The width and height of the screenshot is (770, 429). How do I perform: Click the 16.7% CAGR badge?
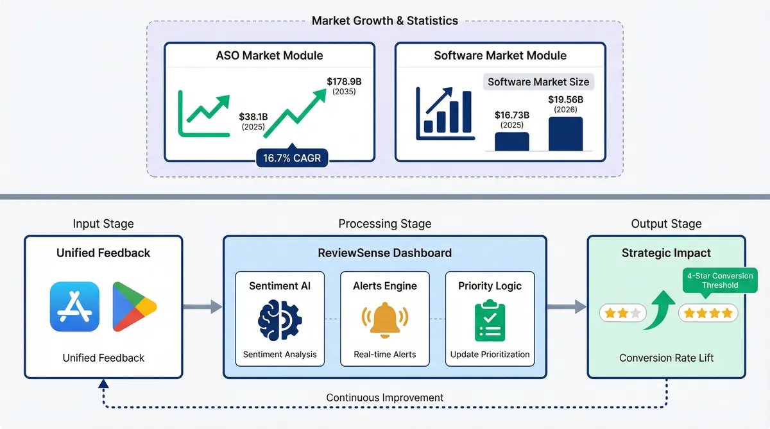click(292, 158)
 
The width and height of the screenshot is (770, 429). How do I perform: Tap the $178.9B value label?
click(343, 81)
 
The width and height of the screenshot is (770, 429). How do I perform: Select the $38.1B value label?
click(253, 117)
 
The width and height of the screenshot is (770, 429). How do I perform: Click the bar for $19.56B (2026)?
click(565, 133)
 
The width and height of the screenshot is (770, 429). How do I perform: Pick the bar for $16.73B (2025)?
click(511, 141)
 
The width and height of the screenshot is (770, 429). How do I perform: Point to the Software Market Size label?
click(538, 81)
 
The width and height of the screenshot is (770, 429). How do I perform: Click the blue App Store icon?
click(74, 307)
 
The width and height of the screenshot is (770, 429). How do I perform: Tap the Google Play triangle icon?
click(133, 307)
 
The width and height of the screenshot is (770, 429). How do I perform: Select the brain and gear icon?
click(279, 319)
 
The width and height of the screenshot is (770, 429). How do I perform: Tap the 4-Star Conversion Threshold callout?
click(719, 280)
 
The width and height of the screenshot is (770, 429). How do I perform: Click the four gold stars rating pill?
click(708, 313)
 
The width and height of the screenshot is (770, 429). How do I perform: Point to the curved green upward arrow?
click(658, 309)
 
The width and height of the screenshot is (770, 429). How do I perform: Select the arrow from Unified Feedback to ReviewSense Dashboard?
click(202, 307)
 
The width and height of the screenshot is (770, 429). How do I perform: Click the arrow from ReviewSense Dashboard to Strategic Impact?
click(567, 307)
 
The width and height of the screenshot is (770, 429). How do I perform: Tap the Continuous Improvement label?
click(384, 398)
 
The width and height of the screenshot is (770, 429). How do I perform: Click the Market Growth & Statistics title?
click(384, 21)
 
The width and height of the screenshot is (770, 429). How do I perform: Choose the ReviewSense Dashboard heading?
click(384, 253)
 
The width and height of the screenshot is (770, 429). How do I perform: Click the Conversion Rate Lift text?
click(666, 358)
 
